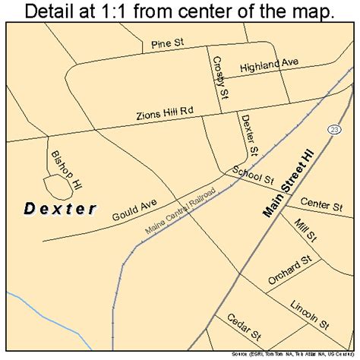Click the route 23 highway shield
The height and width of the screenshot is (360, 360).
[334, 131]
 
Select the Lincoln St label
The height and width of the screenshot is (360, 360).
[309, 314]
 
